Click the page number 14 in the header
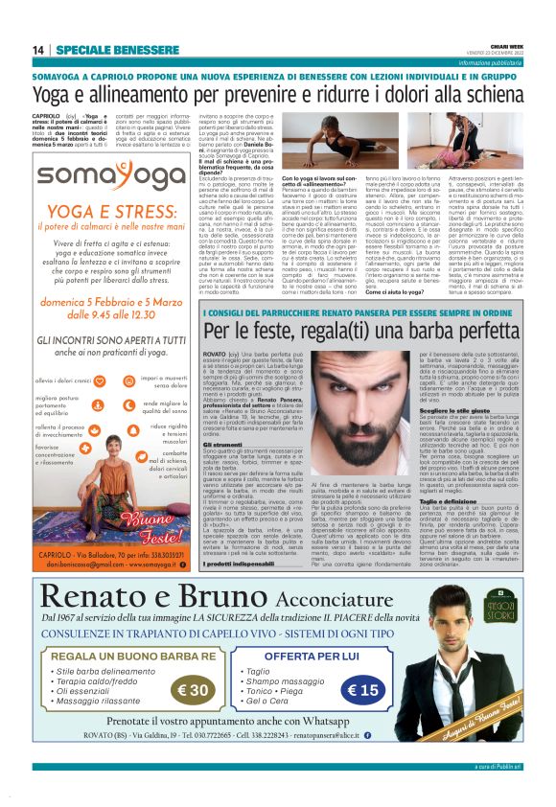tap(38, 50)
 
